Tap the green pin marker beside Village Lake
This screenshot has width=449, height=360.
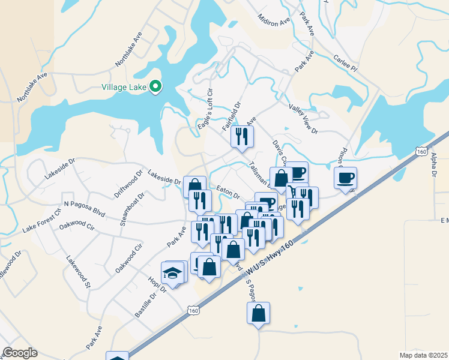pyautogui.click(x=155, y=87)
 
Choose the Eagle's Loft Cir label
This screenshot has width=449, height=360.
pyautogui.click(x=205, y=114)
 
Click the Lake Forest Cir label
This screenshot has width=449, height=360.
pyautogui.click(x=42, y=220)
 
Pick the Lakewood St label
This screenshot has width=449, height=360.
pyautogui.click(x=78, y=273)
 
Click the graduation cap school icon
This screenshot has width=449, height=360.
pyautogui.click(x=172, y=272)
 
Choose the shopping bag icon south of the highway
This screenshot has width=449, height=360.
pyautogui.click(x=258, y=313)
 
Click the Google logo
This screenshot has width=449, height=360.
pyautogui.click(x=20, y=353)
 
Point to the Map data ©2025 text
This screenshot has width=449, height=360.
pyautogui.click(x=423, y=355)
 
